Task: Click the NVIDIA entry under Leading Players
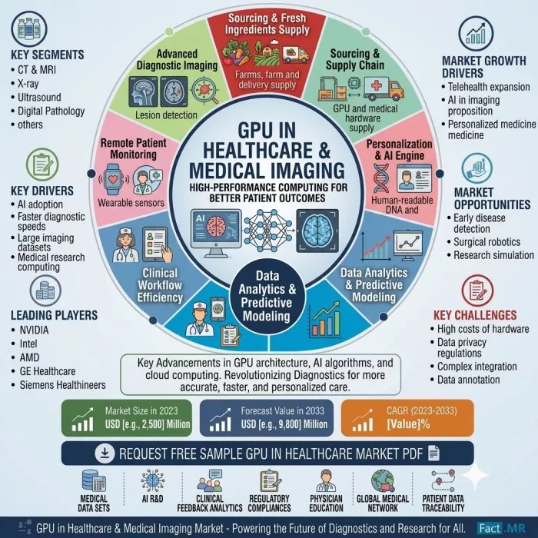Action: [34, 330]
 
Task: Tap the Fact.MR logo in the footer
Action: [502, 528]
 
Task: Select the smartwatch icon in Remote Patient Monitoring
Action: [113, 179]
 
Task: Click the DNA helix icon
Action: [381, 178]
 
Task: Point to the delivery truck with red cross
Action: [384, 89]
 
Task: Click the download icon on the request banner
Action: [105, 453]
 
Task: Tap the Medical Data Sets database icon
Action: [94, 480]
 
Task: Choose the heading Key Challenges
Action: [475, 315]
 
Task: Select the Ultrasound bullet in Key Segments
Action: [39, 97]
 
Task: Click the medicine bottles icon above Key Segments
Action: [29, 28]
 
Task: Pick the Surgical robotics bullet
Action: [487, 242]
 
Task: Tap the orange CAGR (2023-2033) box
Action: [407, 417]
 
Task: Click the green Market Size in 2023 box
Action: [127, 417]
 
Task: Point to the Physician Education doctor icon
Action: [326, 480]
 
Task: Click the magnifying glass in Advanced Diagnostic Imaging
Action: [205, 91]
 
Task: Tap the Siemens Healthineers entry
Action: [62, 385]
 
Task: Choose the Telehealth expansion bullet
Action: [489, 87]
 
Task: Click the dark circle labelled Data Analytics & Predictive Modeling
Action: [267, 295]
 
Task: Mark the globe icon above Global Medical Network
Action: [383, 480]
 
